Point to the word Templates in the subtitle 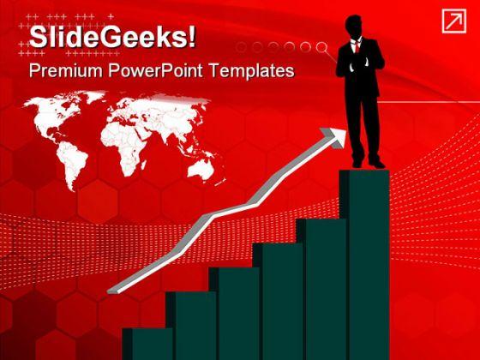253,71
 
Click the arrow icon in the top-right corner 453,22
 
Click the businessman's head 361,26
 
